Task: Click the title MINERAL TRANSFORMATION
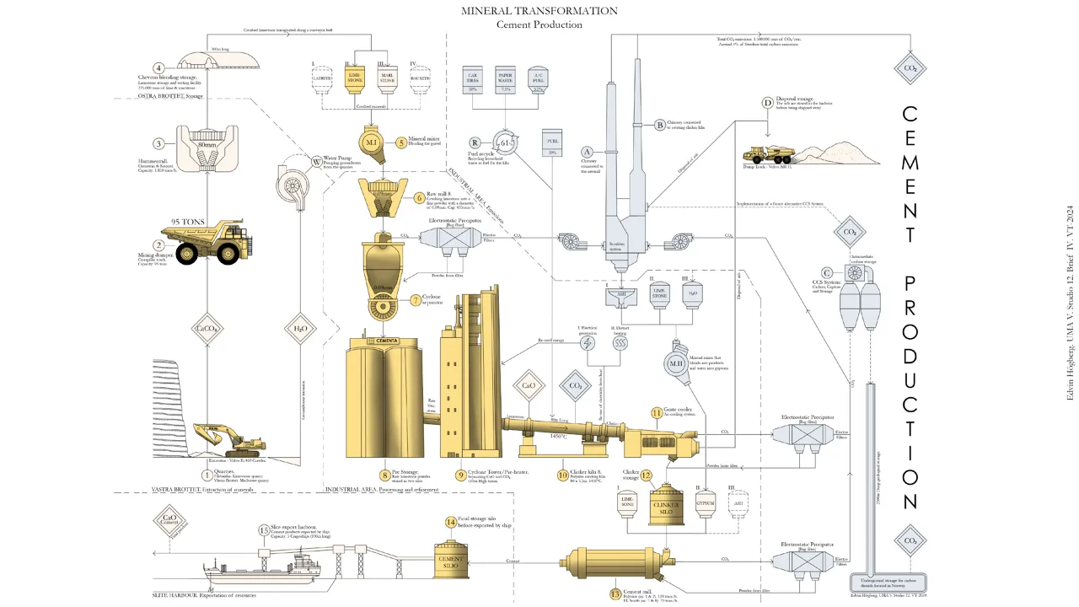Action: pyautogui.click(x=539, y=11)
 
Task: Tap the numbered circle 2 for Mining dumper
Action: pyautogui.click(x=158, y=244)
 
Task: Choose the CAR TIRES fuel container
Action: pyautogui.click(x=473, y=80)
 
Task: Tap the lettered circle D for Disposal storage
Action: pyautogui.click(x=767, y=103)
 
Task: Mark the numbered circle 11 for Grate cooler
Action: pyautogui.click(x=658, y=413)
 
